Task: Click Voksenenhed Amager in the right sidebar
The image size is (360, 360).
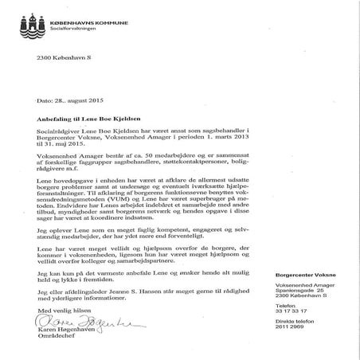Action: point(300,289)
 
